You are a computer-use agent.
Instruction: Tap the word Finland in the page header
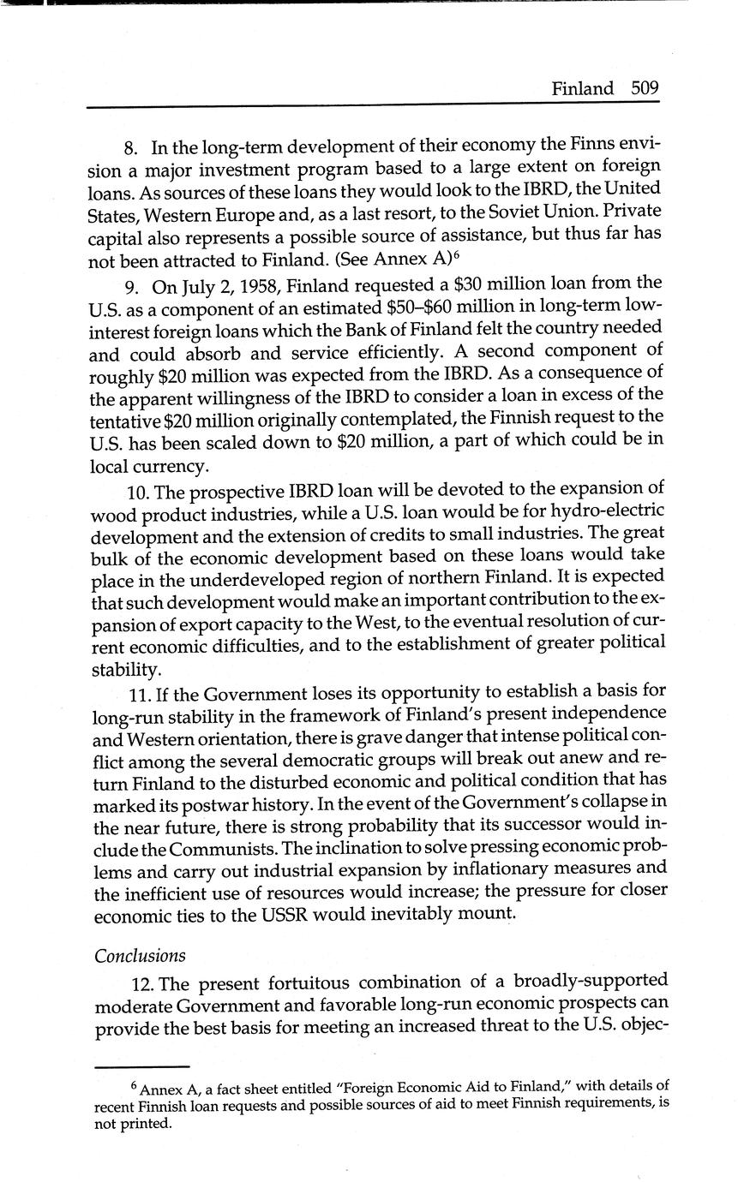tap(582, 89)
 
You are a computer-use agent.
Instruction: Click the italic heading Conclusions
tap(140, 956)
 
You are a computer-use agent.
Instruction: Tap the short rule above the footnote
tap(141, 1067)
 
